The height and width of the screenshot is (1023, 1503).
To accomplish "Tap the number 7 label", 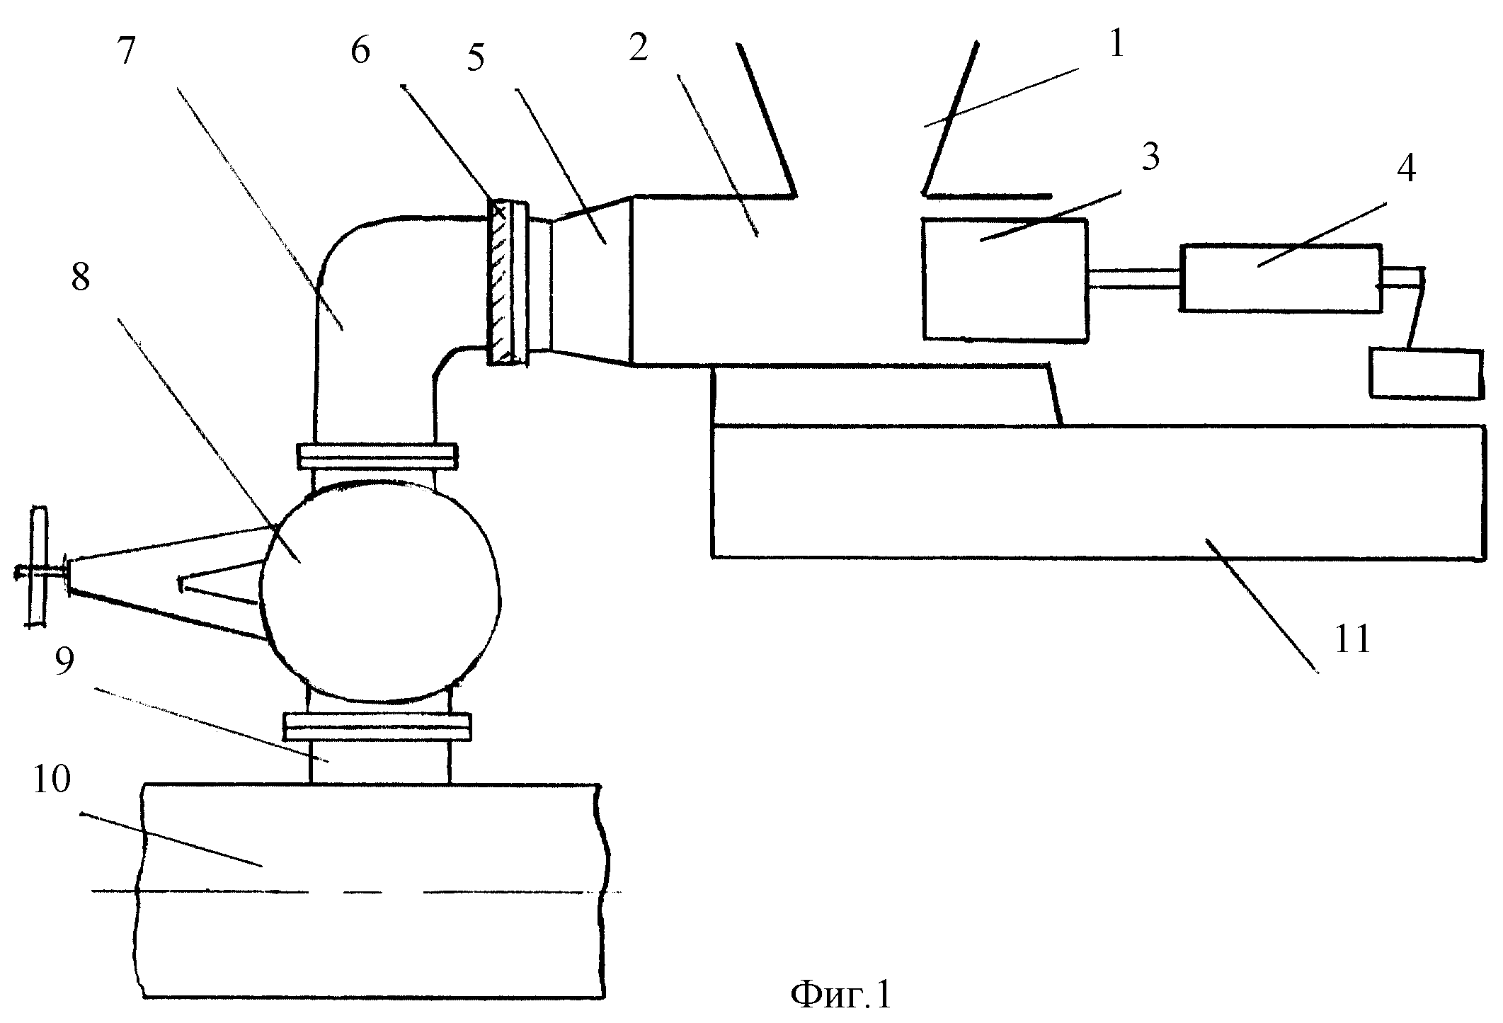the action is pyautogui.click(x=127, y=51).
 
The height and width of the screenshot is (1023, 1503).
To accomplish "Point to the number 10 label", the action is pyautogui.click(x=51, y=779).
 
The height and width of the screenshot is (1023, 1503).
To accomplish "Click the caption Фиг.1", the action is pyautogui.click(x=841, y=996).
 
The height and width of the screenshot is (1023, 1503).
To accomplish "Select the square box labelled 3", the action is pyautogui.click(x=1005, y=280).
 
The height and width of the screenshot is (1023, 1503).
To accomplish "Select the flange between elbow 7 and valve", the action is pyautogui.click(x=377, y=456).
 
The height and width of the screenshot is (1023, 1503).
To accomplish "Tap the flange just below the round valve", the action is pyautogui.click(x=377, y=727).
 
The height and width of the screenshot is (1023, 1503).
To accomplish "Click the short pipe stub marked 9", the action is pyautogui.click(x=379, y=762).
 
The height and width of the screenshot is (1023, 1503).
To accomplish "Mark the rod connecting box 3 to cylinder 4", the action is pyautogui.click(x=1134, y=278).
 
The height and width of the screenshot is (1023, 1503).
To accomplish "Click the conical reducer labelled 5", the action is pyautogui.click(x=590, y=282).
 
